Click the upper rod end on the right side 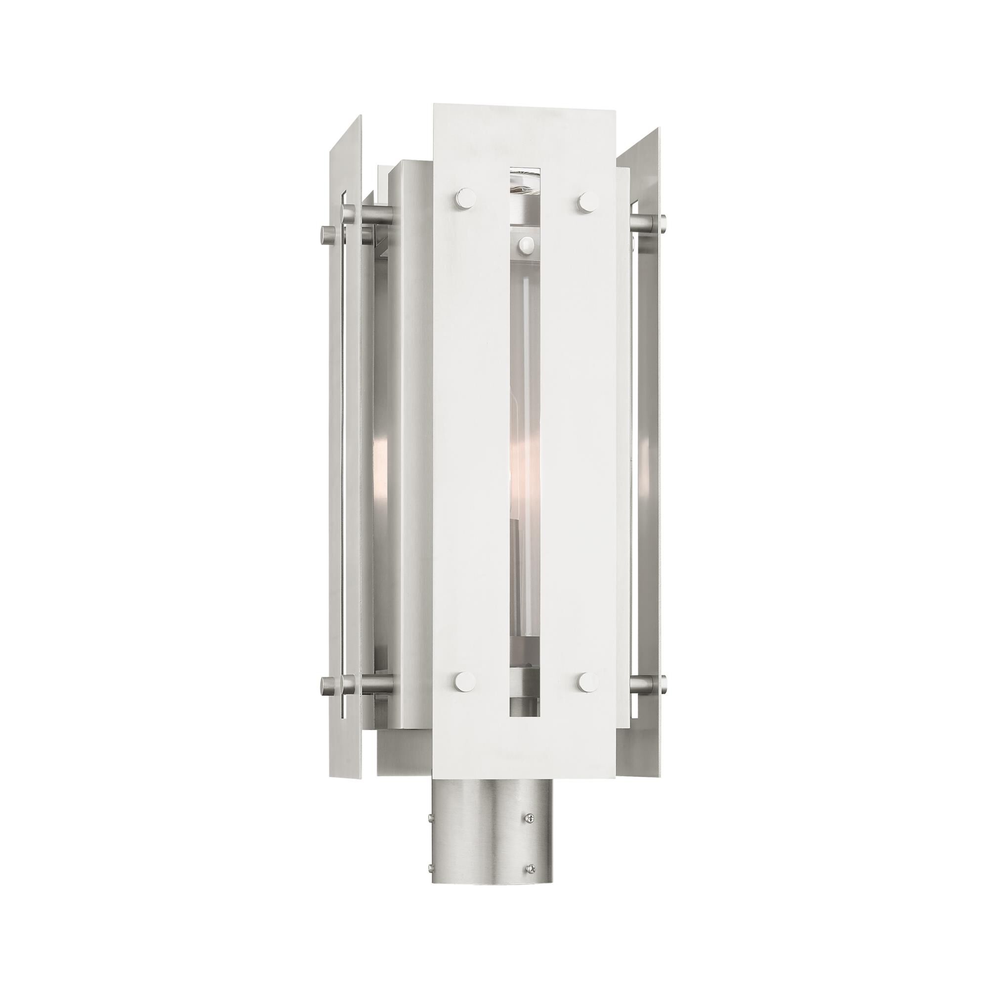(662, 222)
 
